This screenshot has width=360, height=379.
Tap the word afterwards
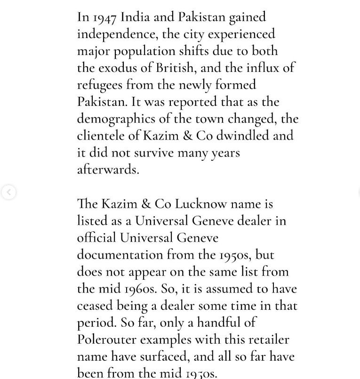108,170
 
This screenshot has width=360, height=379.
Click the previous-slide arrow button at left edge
8,192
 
